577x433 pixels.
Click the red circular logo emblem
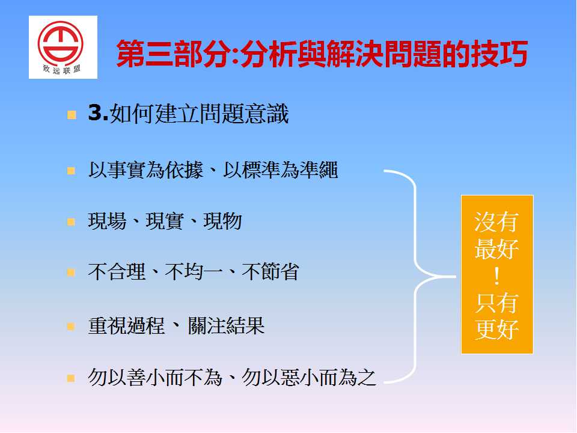(60, 43)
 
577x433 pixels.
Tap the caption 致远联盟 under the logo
(61, 69)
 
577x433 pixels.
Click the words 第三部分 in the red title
(174, 54)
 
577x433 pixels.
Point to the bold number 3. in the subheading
(98, 112)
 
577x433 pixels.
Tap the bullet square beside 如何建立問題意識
(72, 115)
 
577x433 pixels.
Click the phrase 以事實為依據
(145, 170)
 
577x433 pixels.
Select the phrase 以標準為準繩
(281, 170)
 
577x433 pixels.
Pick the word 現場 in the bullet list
(107, 221)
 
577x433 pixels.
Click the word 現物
(222, 221)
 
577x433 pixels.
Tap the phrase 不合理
(117, 272)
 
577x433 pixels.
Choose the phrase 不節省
(270, 272)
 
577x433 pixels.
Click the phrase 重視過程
(126, 326)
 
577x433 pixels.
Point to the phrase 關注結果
(227, 326)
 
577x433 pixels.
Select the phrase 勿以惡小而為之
(309, 378)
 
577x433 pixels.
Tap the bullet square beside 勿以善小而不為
(71, 378)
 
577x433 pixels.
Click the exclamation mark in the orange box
(497, 277)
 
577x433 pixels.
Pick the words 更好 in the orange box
(497, 329)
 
